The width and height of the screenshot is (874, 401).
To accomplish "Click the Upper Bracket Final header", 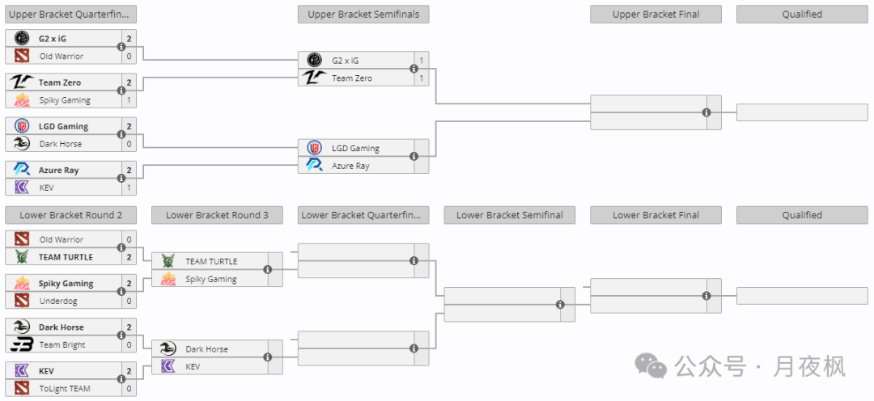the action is pos(655,15).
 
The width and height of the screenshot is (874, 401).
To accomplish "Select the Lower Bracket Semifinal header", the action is pos(510,216).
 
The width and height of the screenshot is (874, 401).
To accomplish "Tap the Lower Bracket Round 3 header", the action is pos(217,216).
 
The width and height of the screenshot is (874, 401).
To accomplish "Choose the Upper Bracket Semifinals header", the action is pos(363,15).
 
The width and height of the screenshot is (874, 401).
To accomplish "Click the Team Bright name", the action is pos(62,344).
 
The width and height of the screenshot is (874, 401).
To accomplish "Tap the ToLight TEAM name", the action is pos(65,389).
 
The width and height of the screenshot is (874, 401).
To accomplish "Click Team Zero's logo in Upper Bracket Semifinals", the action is pos(314,78).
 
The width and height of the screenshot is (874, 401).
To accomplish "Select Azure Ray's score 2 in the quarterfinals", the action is pos(129,171).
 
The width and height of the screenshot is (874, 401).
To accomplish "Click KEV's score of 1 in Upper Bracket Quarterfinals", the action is pos(129,188).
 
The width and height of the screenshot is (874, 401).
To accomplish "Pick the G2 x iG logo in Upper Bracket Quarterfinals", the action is pos(22,39).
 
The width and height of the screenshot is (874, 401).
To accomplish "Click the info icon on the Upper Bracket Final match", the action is pos(706,112).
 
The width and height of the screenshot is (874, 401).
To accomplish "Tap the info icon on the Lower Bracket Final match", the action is pos(706,296).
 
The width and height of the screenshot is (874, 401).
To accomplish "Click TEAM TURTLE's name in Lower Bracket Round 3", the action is pos(211,261).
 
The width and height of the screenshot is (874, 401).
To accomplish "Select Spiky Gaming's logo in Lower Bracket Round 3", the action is pos(168,279).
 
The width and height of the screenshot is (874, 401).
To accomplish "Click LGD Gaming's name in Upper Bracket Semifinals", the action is pos(355,148).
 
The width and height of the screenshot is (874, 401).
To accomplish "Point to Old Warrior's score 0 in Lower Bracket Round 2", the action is pos(129,239).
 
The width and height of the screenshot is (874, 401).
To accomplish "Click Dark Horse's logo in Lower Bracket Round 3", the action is pos(168,349).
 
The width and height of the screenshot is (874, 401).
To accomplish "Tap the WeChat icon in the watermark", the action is pos(651,366).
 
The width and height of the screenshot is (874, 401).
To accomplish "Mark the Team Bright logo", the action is pos(22,344).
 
